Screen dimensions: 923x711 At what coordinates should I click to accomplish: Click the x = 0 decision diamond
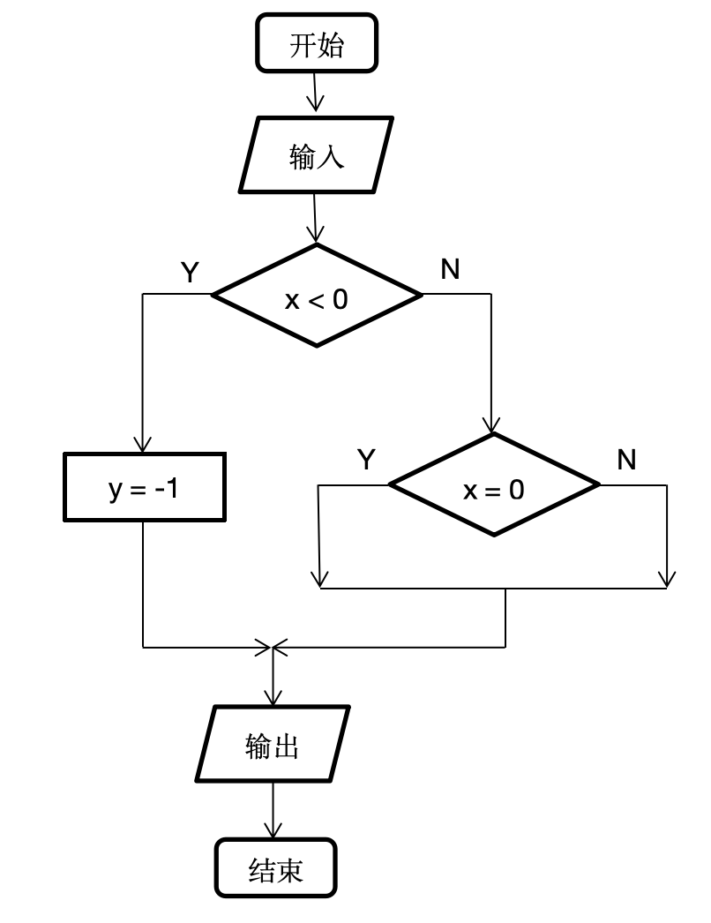tap(494, 484)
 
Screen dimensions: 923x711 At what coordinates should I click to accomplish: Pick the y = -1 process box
tap(143, 486)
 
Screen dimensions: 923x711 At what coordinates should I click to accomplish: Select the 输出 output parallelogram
tap(273, 744)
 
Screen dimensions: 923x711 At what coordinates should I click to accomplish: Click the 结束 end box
tap(275, 869)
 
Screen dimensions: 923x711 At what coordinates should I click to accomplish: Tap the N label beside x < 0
tap(450, 269)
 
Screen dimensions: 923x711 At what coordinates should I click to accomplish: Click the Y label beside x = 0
tap(366, 460)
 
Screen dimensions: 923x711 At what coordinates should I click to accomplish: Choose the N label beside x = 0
tap(626, 460)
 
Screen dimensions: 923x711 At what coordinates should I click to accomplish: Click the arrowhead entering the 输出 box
tap(273, 697)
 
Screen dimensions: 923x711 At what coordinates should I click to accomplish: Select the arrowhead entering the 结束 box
tap(273, 831)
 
